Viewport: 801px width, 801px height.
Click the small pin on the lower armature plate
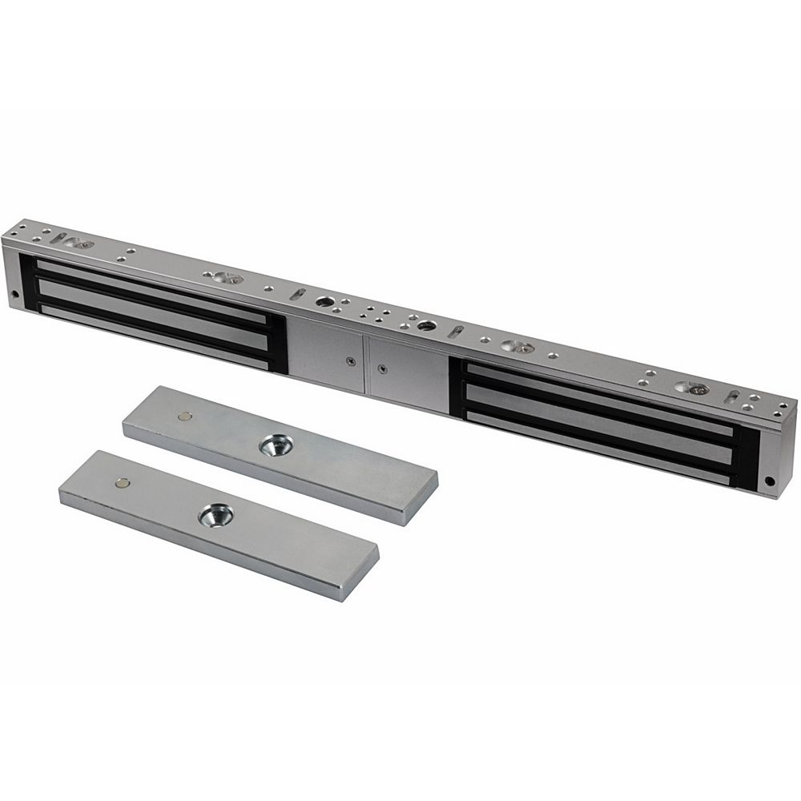(122, 483)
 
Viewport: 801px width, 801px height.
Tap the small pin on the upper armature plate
(185, 417)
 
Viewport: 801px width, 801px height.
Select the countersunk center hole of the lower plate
(215, 514)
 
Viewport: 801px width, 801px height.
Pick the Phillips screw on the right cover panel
(383, 369)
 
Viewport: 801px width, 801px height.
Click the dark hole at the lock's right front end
(770, 482)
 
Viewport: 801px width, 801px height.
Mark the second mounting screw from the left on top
(225, 278)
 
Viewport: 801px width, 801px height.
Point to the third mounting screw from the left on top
(517, 347)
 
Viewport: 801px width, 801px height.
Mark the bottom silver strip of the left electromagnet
(152, 335)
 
